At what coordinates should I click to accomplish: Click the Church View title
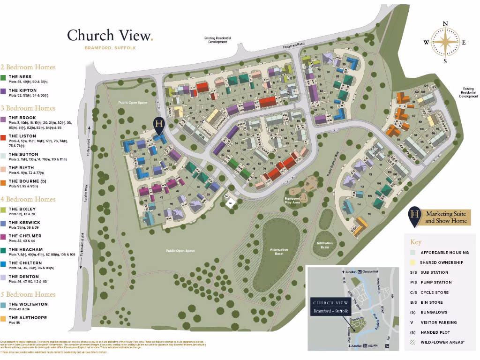pyautogui.click(x=110, y=35)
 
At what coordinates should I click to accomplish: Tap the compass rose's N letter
pyautogui.click(x=445, y=24)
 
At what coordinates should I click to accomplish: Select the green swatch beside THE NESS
pyautogui.click(x=3, y=77)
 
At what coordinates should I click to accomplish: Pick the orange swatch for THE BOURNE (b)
pyautogui.click(x=3, y=181)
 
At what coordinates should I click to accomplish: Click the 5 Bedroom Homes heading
pyautogui.click(x=28, y=294)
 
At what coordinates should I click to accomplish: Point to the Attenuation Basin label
pyautogui.click(x=279, y=251)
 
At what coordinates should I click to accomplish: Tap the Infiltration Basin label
pyautogui.click(x=325, y=245)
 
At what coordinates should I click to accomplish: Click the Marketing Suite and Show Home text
pyautogui.click(x=446, y=217)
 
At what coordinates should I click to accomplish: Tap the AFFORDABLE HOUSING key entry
pyautogui.click(x=444, y=253)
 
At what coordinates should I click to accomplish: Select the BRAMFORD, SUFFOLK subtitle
pyautogui.click(x=110, y=48)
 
